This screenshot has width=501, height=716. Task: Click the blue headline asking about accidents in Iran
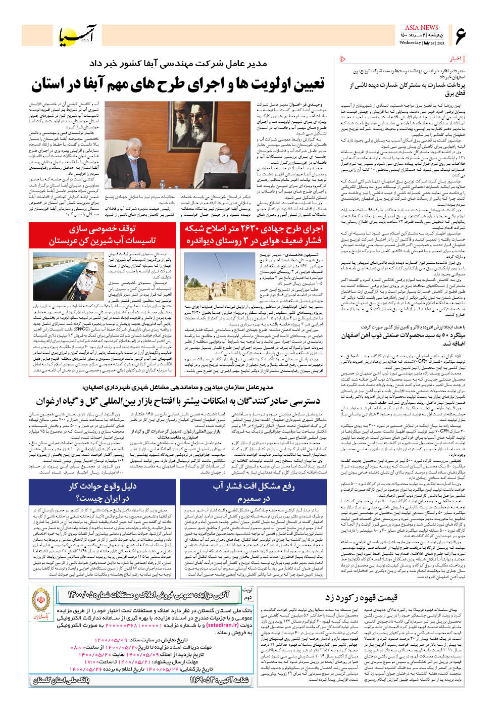click(103, 492)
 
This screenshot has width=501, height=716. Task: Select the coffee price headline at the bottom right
click(361, 598)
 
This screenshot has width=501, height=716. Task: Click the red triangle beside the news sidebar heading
click(344, 59)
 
